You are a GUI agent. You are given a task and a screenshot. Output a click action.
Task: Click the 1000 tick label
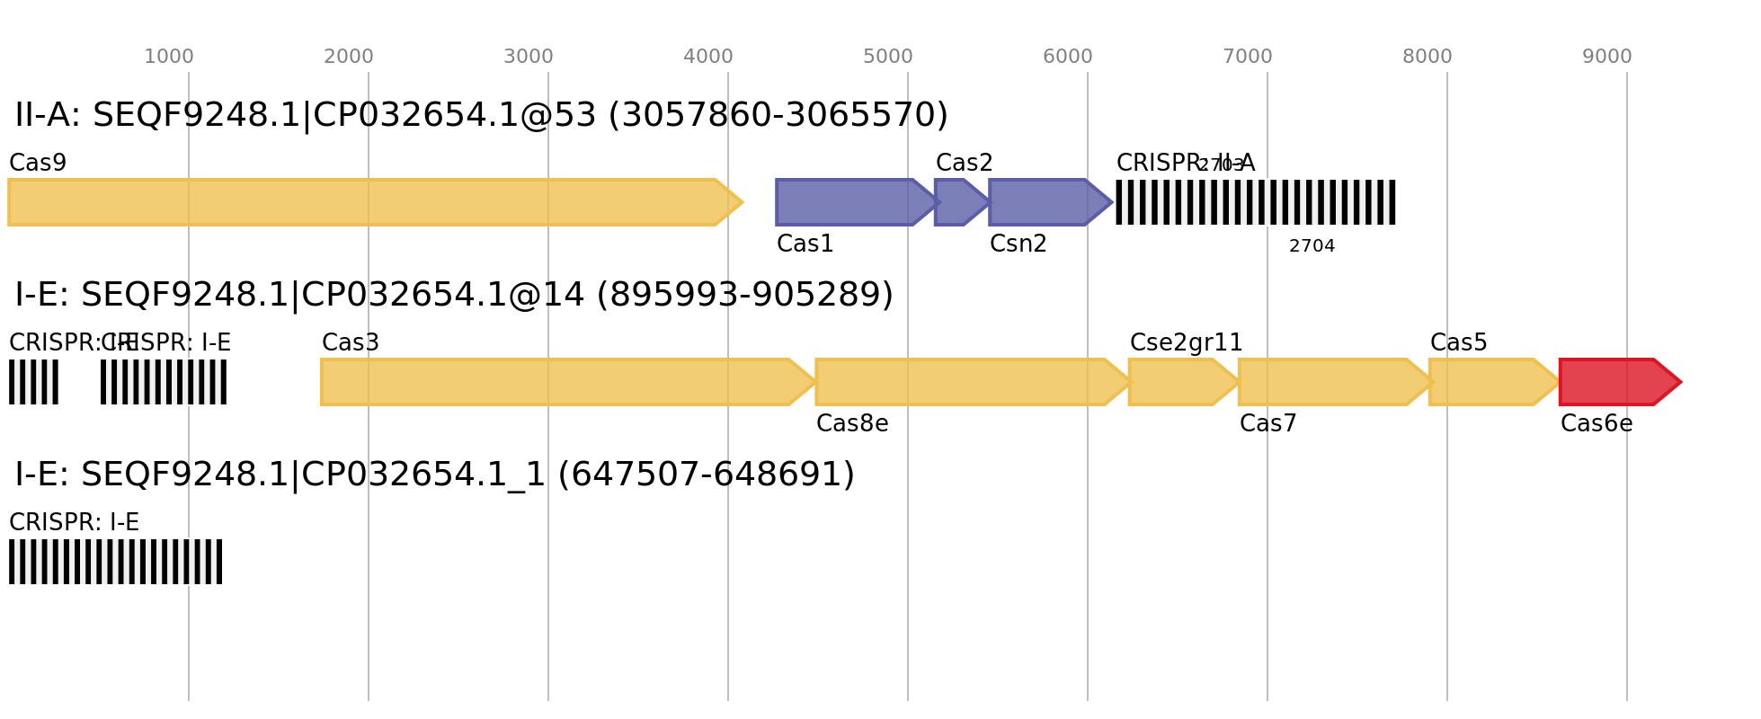[169, 57]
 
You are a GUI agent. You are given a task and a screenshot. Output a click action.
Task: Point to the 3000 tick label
[529, 57]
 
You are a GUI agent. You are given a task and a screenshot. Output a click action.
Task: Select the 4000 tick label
[708, 57]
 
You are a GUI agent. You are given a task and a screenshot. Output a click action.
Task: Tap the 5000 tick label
[888, 57]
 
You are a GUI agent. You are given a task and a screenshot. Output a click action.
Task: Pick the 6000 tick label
[1068, 57]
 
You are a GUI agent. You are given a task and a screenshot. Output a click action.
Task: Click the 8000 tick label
[1427, 57]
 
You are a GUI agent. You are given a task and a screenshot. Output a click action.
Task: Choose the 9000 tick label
[1607, 57]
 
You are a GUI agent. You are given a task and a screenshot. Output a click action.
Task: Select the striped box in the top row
[1256, 202]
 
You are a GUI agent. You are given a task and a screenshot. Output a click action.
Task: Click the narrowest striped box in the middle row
[33, 382]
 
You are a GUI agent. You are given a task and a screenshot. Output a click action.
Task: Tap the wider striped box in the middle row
[164, 382]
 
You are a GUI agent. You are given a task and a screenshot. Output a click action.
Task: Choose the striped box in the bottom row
[115, 562]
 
